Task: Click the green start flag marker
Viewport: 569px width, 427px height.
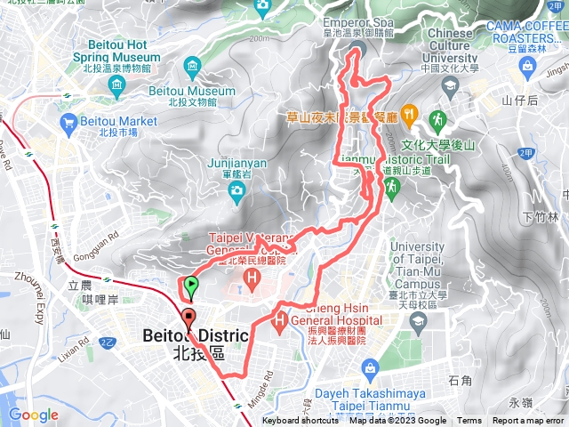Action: click(x=190, y=286)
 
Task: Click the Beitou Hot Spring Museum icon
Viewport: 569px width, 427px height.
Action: click(x=117, y=84)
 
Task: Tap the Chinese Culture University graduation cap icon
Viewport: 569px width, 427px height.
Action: click(x=450, y=86)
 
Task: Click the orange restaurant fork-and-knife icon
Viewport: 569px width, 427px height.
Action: click(x=408, y=113)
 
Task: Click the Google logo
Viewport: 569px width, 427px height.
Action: click(x=33, y=415)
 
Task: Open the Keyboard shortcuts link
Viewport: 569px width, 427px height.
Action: click(x=300, y=421)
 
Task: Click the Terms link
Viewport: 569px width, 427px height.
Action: click(x=469, y=421)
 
